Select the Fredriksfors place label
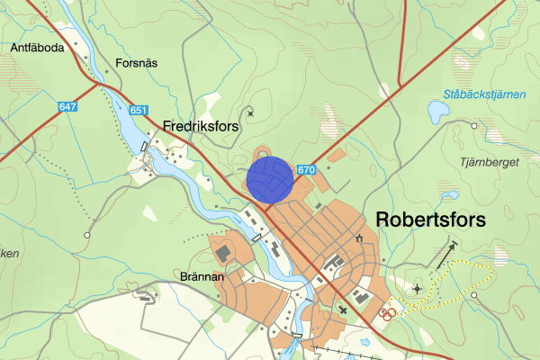coord(201,127)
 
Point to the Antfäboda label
coord(38,48)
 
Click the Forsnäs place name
coord(137,64)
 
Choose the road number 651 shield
coord(138,111)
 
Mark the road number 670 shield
coord(306,168)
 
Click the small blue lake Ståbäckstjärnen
coord(437,112)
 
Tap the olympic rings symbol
coord(388,313)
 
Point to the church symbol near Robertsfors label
coord(359,238)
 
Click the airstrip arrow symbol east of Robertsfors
coord(445,256)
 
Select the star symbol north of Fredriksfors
coord(250,112)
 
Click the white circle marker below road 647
coord(87,235)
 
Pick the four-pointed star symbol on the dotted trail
coord(417,289)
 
